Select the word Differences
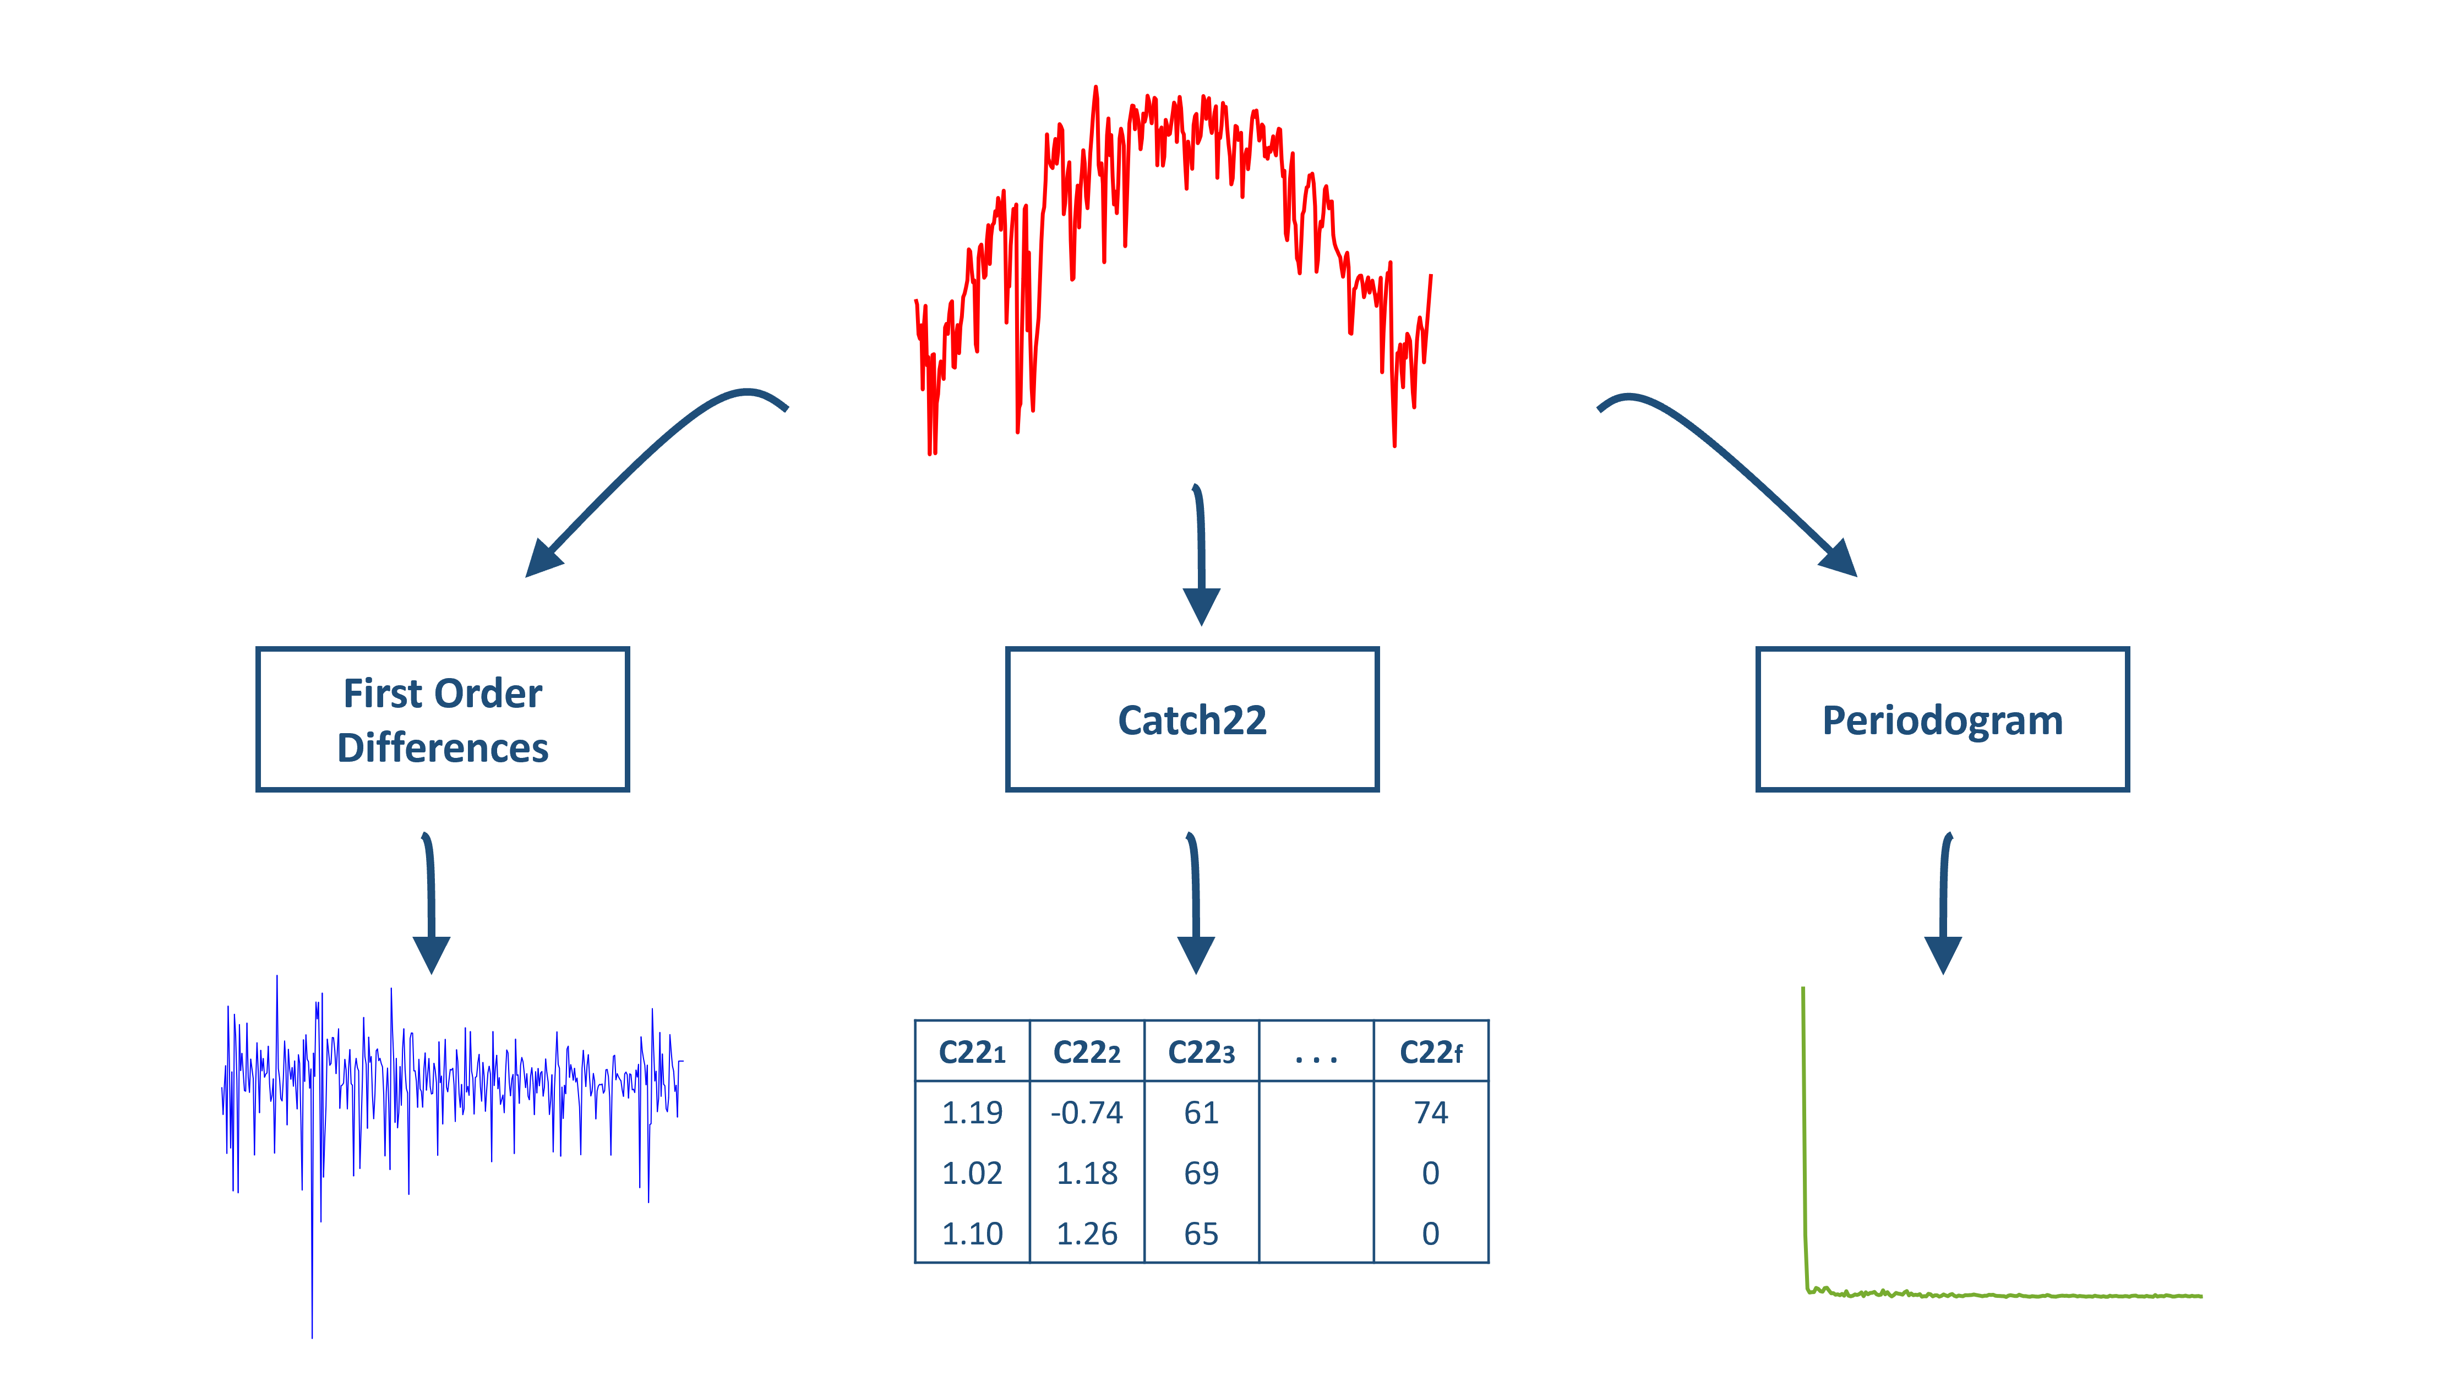coord(443,747)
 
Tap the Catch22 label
coord(1191,720)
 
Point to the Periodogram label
coord(1942,720)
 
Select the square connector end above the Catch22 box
coord(1201,607)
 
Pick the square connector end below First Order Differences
coord(431,955)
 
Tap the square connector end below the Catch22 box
coord(1195,955)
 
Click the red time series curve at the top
coord(1171,144)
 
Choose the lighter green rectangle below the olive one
coord(2127,1188)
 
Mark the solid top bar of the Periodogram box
coord(1942,660)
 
